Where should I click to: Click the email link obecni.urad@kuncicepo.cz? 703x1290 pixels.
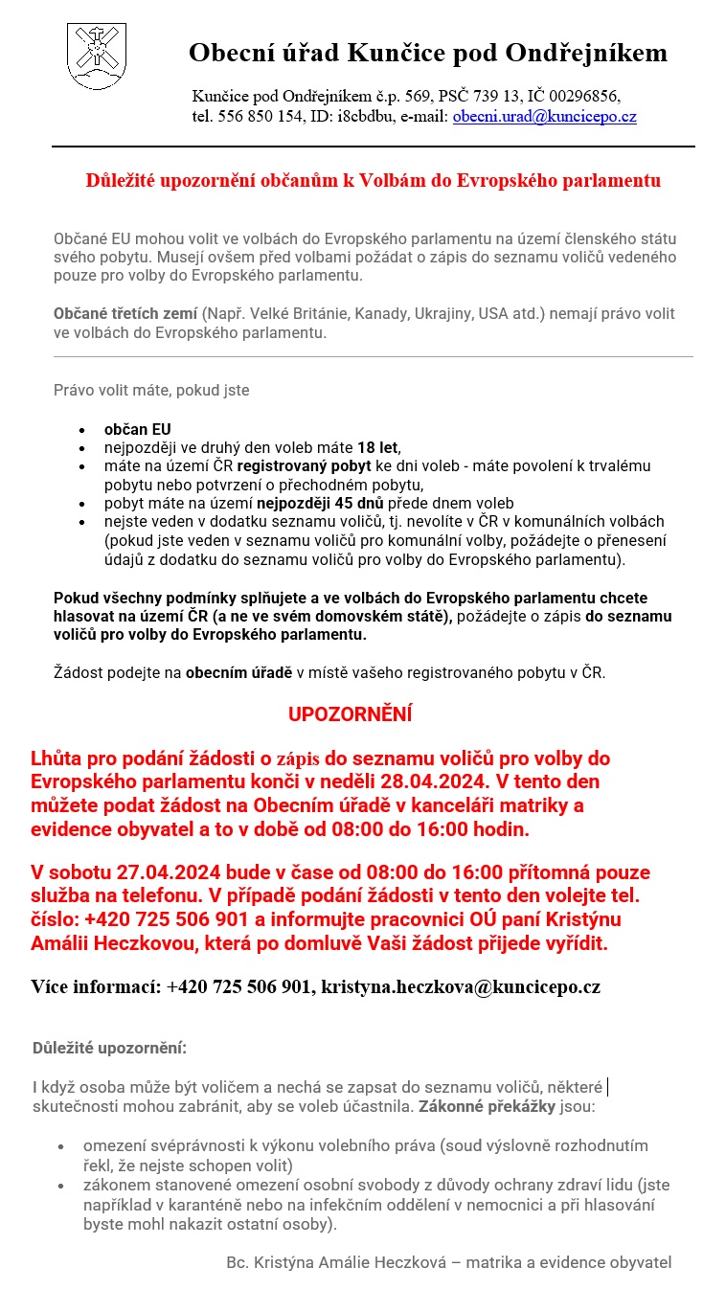click(544, 117)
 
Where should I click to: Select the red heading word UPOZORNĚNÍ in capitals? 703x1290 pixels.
click(350, 714)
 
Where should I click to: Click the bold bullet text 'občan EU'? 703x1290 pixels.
click(138, 429)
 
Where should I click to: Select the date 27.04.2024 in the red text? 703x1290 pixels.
click(170, 872)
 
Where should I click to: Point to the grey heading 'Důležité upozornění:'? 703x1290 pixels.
click(109, 1048)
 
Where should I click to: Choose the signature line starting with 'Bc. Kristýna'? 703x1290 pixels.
click(448, 1262)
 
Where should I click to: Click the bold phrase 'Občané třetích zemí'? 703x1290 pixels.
click(125, 314)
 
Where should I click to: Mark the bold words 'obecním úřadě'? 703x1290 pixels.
click(238, 672)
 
